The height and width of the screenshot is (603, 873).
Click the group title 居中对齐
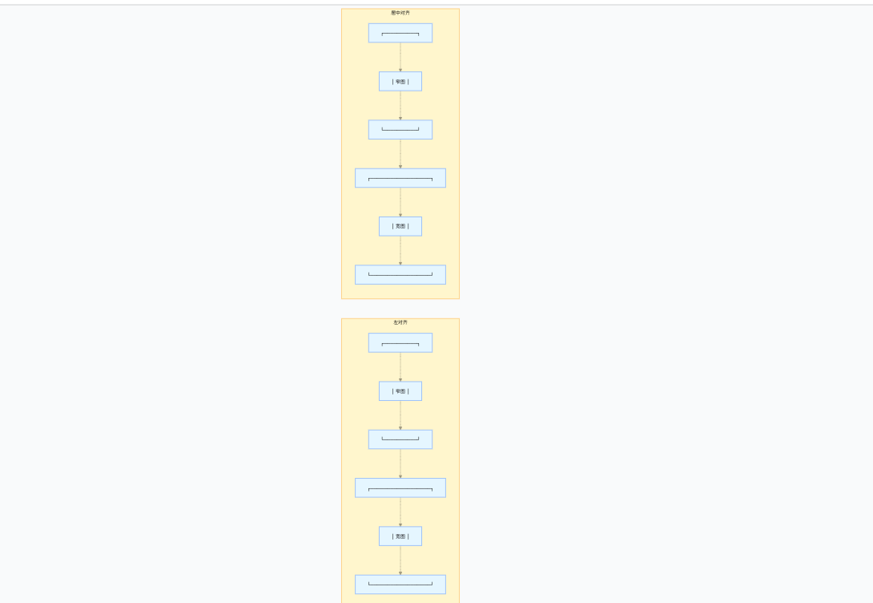400,13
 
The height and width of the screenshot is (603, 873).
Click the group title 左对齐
400,322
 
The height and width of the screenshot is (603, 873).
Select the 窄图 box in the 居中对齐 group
400,81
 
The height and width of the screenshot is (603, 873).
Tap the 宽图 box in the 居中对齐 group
400,226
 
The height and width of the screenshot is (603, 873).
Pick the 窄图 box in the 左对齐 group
400,391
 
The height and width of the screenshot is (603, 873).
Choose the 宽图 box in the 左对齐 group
400,536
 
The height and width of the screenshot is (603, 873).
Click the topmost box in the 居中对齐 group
400,33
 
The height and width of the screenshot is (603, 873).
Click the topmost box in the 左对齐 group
400,342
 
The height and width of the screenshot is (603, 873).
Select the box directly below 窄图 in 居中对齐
400,129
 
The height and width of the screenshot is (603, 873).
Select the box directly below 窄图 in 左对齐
400,439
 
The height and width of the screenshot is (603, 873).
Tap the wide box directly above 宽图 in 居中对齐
400,178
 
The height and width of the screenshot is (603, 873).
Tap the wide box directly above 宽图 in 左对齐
400,488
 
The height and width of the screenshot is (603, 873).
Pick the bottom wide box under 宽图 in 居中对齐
400,274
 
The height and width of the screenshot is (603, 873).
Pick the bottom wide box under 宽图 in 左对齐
400,585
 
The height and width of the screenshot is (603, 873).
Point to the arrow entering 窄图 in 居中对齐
400,58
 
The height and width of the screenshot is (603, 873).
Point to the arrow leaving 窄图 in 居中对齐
400,106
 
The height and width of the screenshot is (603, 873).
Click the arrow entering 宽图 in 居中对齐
400,202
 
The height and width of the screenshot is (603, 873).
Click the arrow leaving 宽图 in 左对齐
400,561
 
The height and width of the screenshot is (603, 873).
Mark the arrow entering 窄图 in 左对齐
400,367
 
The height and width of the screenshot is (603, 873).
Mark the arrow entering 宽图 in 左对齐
400,512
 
